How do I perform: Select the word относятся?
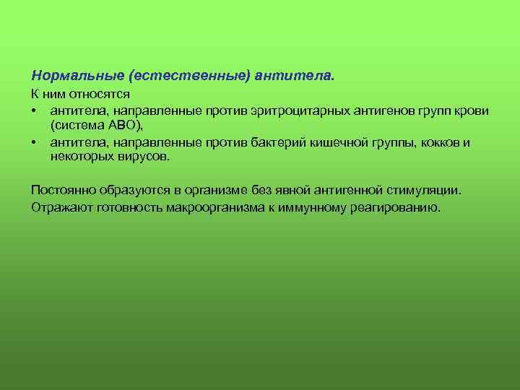point(105,95)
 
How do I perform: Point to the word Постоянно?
point(62,190)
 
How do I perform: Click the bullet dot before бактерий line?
point(35,143)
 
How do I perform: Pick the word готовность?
point(126,207)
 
